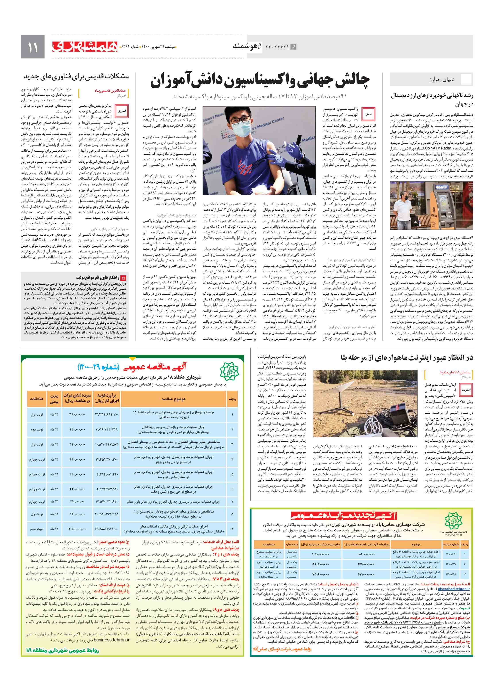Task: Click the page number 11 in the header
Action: [x=32, y=47]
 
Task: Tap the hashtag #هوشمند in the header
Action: [x=247, y=46]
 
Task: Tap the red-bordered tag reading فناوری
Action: [x=122, y=111]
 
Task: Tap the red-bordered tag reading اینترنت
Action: [x=466, y=390]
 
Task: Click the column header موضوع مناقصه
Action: [x=173, y=399]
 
